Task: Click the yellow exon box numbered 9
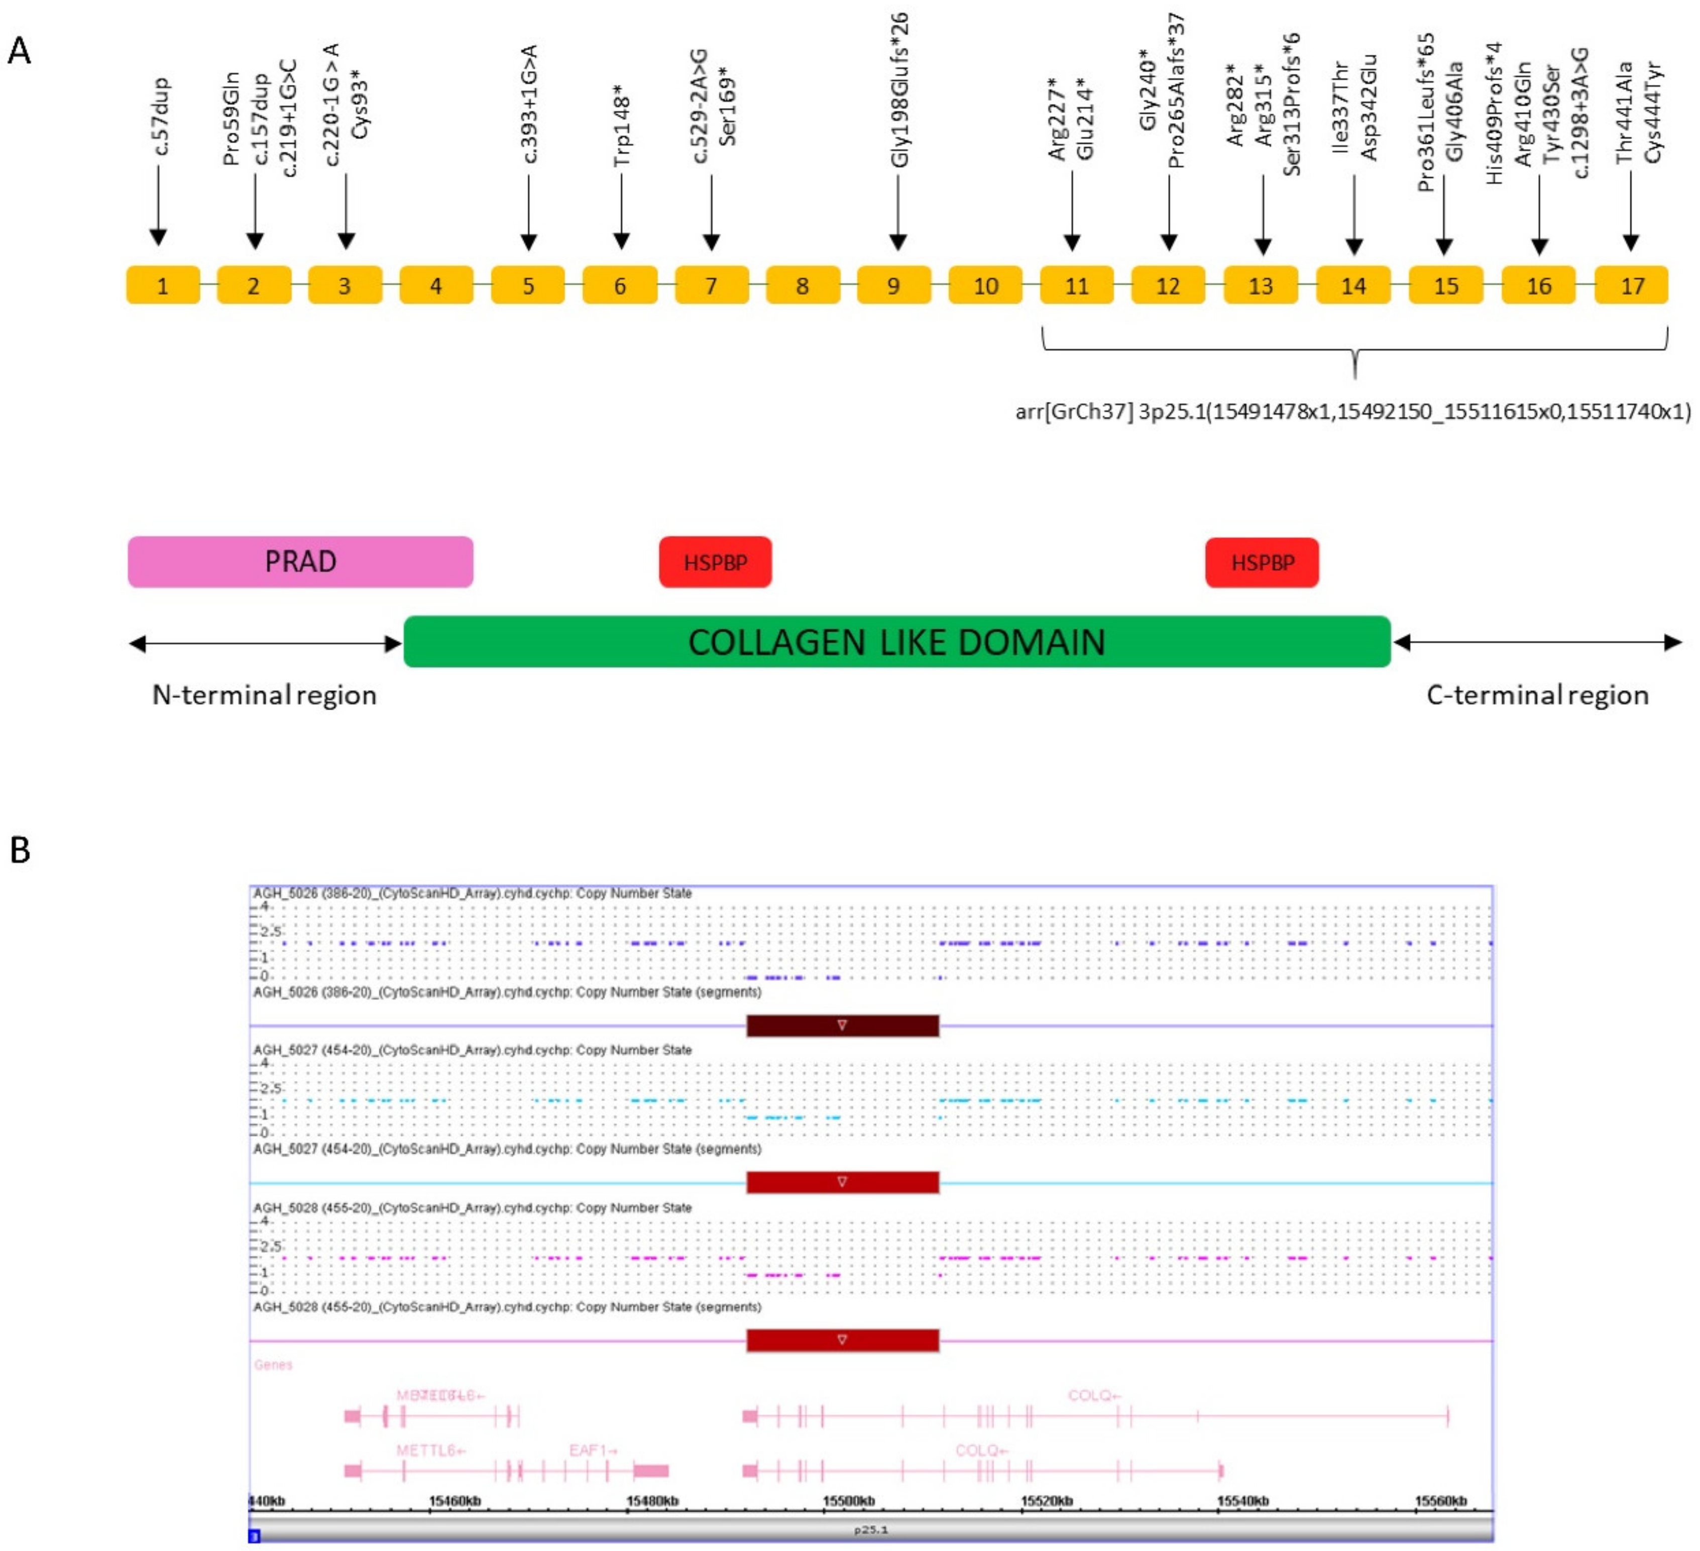pyautogui.click(x=894, y=285)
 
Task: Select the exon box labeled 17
pyautogui.click(x=1631, y=285)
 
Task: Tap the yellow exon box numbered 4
pyautogui.click(x=436, y=285)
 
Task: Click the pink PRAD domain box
pyautogui.click(x=300, y=562)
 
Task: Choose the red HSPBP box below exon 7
pyautogui.click(x=715, y=562)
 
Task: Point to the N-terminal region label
pyautogui.click(x=264, y=695)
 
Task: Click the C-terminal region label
pyautogui.click(x=1537, y=695)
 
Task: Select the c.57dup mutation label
pyautogui.click(x=160, y=117)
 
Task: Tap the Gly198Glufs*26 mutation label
pyautogui.click(x=900, y=90)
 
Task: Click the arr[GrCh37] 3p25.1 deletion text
pyautogui.click(x=1352, y=411)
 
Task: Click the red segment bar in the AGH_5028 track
pyautogui.click(x=842, y=1340)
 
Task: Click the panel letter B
pyautogui.click(x=20, y=850)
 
